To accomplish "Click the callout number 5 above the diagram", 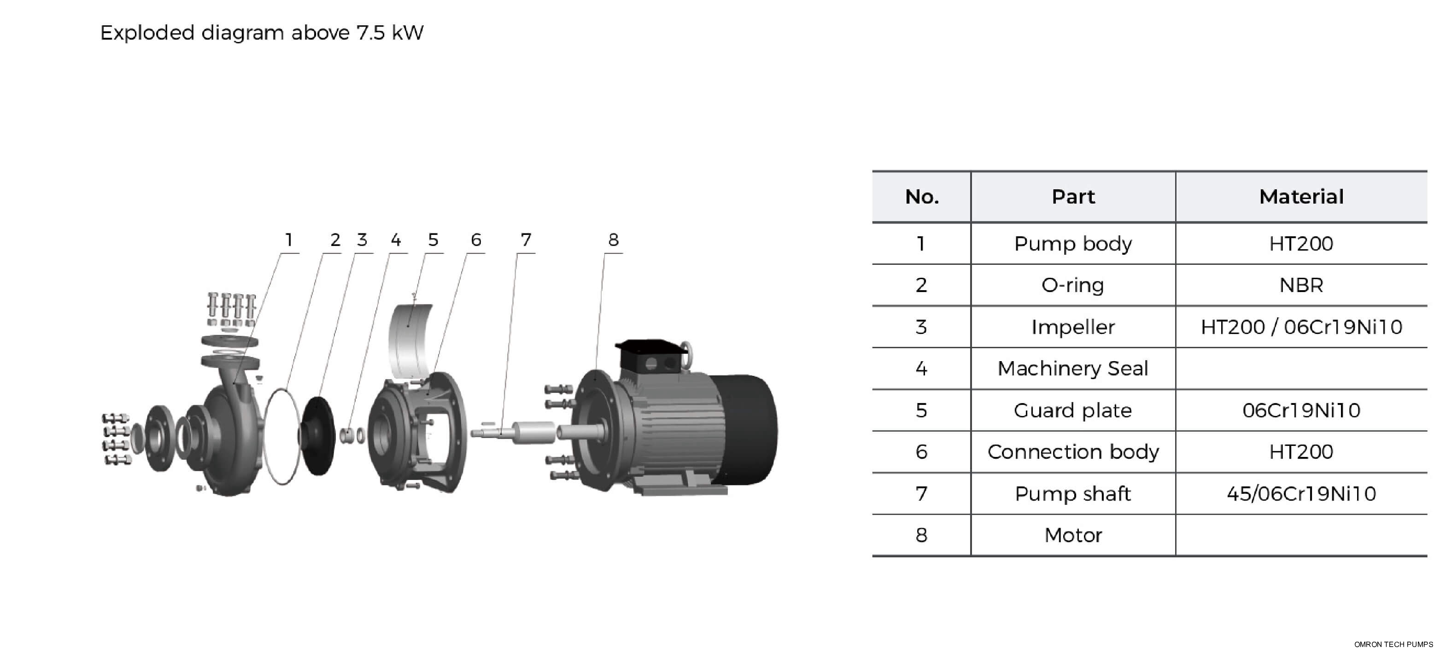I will click(x=433, y=240).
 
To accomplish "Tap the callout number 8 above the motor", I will click(x=613, y=240).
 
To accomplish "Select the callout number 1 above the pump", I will click(x=288, y=240).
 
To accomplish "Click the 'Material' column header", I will click(x=1301, y=197).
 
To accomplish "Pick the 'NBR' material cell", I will click(x=1301, y=286).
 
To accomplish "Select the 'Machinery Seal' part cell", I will click(x=1073, y=369).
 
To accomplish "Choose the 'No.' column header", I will click(x=921, y=197).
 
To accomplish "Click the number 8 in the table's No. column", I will click(x=921, y=535).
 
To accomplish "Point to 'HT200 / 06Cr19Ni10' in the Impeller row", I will click(x=1301, y=327).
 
